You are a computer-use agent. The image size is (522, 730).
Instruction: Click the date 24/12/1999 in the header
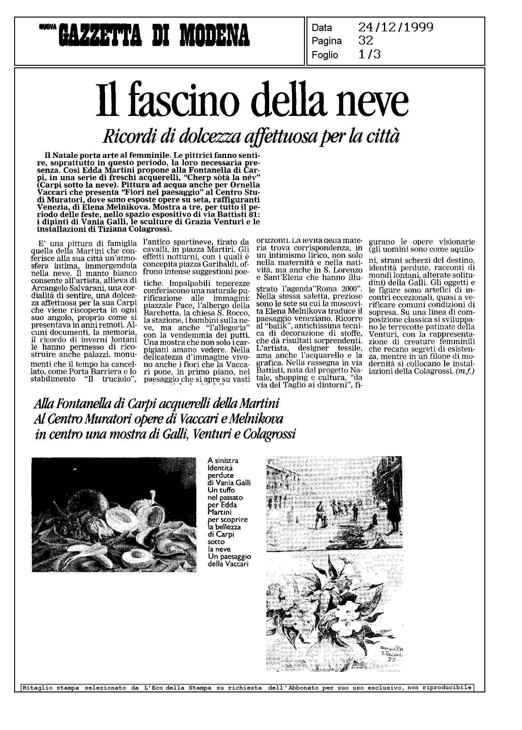point(396,28)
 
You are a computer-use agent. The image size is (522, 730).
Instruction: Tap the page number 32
point(365,41)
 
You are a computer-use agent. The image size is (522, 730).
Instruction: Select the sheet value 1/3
point(369,55)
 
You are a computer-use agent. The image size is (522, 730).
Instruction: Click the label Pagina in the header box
point(327,41)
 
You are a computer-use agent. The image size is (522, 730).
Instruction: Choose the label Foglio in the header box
point(325,55)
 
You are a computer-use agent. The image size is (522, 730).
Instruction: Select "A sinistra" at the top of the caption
point(223,461)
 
